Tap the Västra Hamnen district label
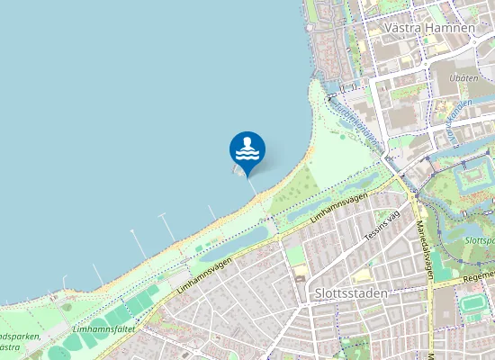[428, 28]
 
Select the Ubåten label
[463, 78]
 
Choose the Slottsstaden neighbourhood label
[352, 293]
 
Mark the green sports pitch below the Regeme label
[471, 303]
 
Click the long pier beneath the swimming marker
[253, 187]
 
